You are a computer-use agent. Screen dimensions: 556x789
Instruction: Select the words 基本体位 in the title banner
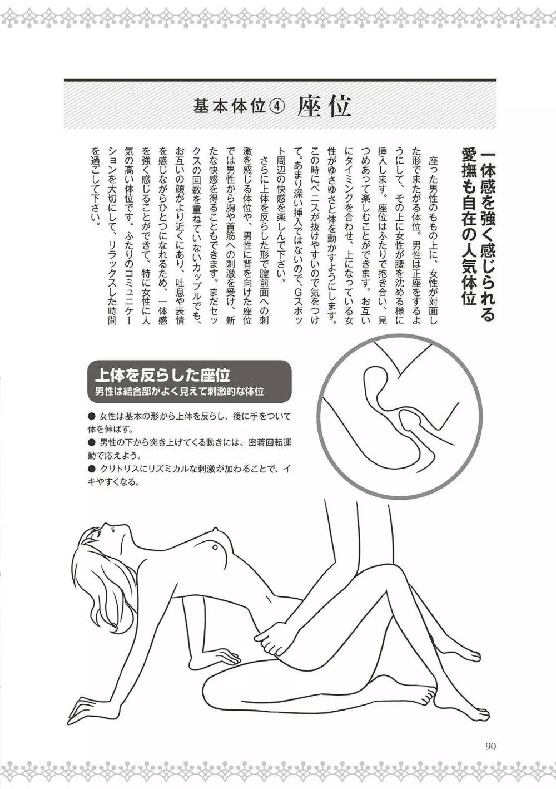coord(229,107)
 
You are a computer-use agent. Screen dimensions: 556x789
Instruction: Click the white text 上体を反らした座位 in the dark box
coord(162,375)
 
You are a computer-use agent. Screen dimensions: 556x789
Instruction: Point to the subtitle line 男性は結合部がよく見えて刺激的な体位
coord(179,391)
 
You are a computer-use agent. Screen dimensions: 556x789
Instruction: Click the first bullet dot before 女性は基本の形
coord(92,417)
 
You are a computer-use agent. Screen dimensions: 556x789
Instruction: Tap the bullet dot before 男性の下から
coord(92,442)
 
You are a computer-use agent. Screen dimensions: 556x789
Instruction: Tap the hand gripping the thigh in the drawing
coord(271,641)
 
